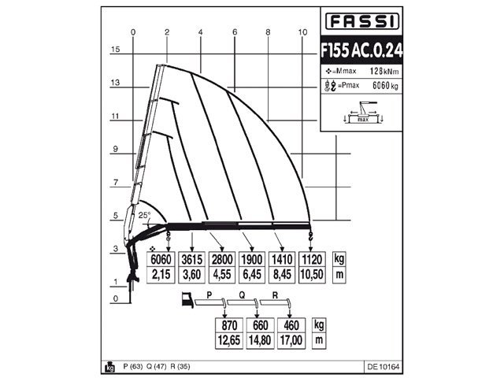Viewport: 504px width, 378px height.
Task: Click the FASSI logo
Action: coord(361,21)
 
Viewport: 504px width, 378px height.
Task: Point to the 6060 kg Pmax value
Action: coord(382,85)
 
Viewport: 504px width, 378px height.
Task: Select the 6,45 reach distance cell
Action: coord(254,275)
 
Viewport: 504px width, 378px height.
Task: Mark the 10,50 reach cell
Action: coord(313,275)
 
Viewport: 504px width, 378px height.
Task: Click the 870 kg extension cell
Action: coord(228,326)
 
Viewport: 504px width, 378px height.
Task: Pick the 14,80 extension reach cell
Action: coord(260,340)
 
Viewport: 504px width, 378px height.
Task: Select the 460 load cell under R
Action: coord(291,326)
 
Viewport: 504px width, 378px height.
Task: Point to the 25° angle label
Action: coord(144,215)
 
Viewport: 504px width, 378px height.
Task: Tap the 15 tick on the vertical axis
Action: coord(115,49)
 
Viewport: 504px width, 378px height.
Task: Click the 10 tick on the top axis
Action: coord(302,31)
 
